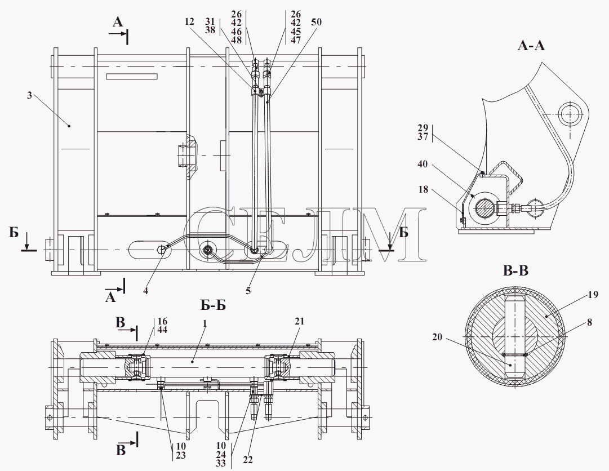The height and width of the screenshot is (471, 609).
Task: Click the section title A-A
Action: tap(531, 46)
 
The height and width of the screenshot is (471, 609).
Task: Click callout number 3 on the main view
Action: tap(29, 94)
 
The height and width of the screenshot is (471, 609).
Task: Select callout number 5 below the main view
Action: tap(248, 291)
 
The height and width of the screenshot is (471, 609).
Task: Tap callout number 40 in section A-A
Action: tap(423, 164)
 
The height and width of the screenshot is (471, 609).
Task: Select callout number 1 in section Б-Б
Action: tap(205, 323)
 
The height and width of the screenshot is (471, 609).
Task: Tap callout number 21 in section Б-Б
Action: tap(299, 321)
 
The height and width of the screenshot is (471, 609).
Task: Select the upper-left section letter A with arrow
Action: tap(118, 22)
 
